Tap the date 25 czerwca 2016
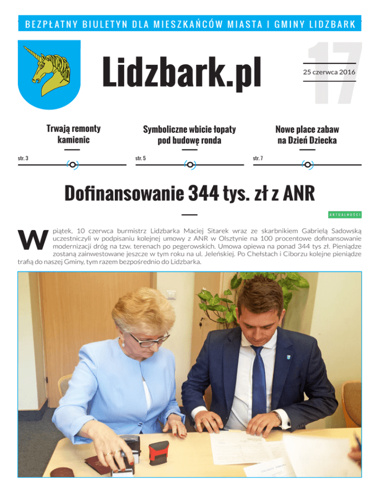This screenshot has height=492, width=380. coord(329,73)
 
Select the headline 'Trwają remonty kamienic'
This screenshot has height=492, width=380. coord(73,135)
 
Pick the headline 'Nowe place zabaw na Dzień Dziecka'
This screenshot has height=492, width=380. coord(307,135)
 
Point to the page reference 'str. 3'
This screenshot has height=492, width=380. coord(23,158)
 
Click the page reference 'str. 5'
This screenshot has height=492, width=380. coord(141,158)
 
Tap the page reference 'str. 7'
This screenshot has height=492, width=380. coord(258,158)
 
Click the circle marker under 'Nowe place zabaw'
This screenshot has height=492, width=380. coord(307,164)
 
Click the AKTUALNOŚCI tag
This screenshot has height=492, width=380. coord(345,214)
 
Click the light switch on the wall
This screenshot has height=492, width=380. coord(171,295)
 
